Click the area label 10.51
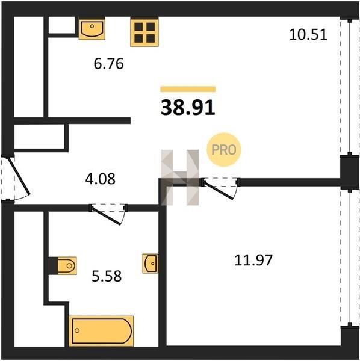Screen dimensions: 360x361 pyautogui.click(x=308, y=35)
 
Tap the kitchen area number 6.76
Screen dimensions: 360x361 pyautogui.click(x=109, y=64)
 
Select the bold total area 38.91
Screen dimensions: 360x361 pyautogui.click(x=188, y=108)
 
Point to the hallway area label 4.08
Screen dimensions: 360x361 pyautogui.click(x=100, y=179)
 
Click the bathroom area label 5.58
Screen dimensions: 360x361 pyautogui.click(x=107, y=276)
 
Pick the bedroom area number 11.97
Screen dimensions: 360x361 pyautogui.click(x=253, y=260)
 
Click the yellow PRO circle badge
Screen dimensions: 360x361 pyautogui.click(x=224, y=150)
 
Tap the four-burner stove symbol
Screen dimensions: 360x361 pyautogui.click(x=144, y=32)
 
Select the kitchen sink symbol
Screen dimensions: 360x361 pyautogui.click(x=92, y=29)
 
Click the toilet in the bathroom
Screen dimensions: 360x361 pyautogui.click(x=67, y=266)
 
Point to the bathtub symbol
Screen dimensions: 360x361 pyautogui.click(x=101, y=331)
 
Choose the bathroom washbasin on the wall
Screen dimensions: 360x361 pyautogui.click(x=151, y=264)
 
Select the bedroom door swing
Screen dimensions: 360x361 pyautogui.click(x=220, y=190)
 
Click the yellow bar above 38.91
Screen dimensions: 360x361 pyautogui.click(x=188, y=89)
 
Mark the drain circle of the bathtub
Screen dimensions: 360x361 pyautogui.click(x=77, y=330)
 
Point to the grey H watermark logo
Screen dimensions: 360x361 pyautogui.click(x=179, y=177)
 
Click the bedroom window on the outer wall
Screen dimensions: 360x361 pyautogui.click(x=350, y=258)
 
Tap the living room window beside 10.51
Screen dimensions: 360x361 pyautogui.click(x=350, y=87)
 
